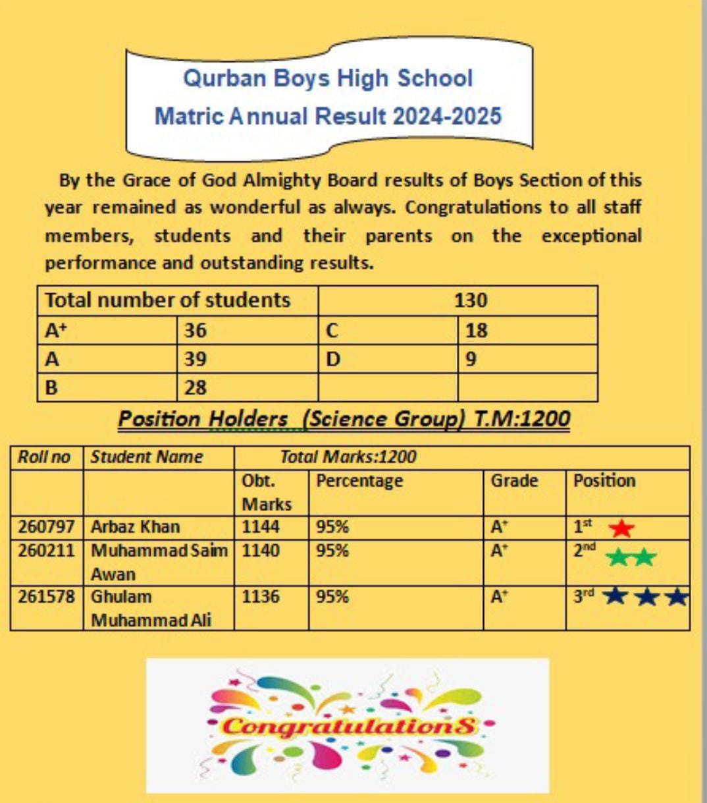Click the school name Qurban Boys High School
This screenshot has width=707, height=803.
(328, 78)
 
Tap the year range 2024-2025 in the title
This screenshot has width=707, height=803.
(447, 117)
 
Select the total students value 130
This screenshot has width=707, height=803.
(471, 300)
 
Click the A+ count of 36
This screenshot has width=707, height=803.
(196, 330)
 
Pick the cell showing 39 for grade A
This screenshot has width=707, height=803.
(196, 359)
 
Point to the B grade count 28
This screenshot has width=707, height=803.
(196, 387)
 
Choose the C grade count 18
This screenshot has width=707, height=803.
(476, 330)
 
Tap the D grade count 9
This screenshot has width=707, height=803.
(471, 359)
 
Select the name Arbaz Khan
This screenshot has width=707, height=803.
(135, 527)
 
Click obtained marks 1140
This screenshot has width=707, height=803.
(261, 551)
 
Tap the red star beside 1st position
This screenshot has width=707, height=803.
(621, 528)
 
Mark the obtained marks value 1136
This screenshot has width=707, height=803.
(261, 597)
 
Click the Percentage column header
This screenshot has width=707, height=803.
(359, 481)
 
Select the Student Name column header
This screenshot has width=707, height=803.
(146, 457)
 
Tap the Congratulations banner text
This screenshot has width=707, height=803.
(348, 726)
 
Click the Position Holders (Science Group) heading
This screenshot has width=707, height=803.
(344, 419)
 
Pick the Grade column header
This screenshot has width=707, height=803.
(514, 481)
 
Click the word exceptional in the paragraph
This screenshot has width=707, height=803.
(591, 236)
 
